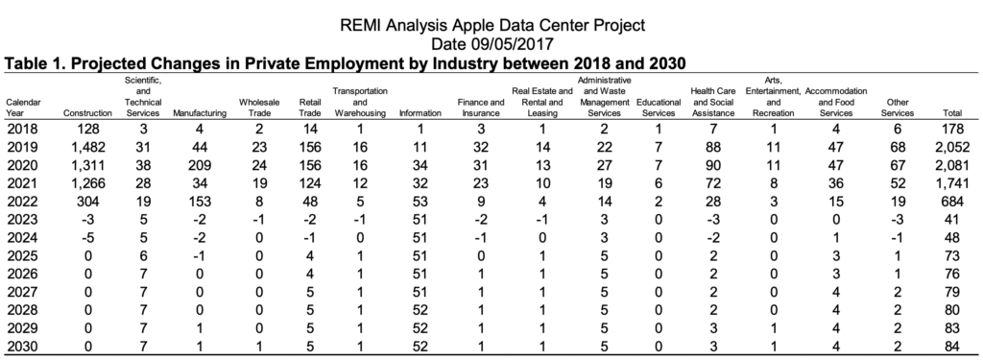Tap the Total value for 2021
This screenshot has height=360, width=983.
point(952,183)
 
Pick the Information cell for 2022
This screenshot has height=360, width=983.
point(420,202)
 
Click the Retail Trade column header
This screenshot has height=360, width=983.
point(310,108)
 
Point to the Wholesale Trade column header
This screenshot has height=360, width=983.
point(259,108)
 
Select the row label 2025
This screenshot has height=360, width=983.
point(22,256)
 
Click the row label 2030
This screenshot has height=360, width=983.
point(22,347)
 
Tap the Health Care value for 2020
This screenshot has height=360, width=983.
point(712,165)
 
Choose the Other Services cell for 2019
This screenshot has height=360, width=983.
point(898,148)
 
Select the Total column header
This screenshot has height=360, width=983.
point(952,113)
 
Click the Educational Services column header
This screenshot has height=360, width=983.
point(659,108)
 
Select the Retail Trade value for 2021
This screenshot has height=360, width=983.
point(310,183)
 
